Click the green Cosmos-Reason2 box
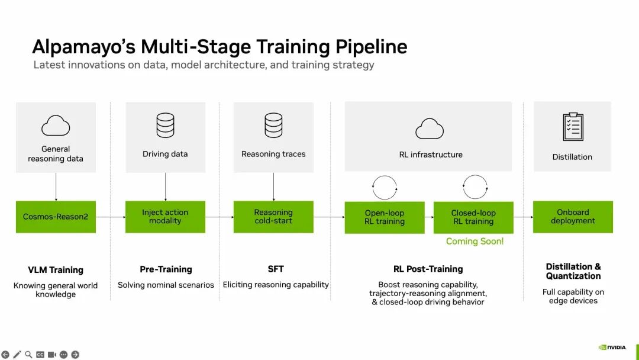click(56, 217)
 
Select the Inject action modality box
click(165, 217)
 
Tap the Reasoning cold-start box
click(273, 217)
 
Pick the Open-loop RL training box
click(385, 217)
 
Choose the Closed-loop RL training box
click(473, 217)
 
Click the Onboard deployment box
click(573, 217)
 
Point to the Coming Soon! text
click(475, 242)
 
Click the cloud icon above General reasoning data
click(56, 126)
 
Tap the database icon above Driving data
click(166, 125)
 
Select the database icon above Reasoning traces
click(273, 125)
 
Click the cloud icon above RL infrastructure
click(430, 129)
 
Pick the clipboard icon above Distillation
click(573, 127)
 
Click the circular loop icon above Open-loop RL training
click(385, 176)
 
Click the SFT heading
click(276, 269)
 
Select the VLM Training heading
click(56, 270)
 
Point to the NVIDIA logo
click(612, 348)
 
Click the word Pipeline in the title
click(371, 47)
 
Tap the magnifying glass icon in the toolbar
click(28, 355)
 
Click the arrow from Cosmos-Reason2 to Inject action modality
click(111, 217)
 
